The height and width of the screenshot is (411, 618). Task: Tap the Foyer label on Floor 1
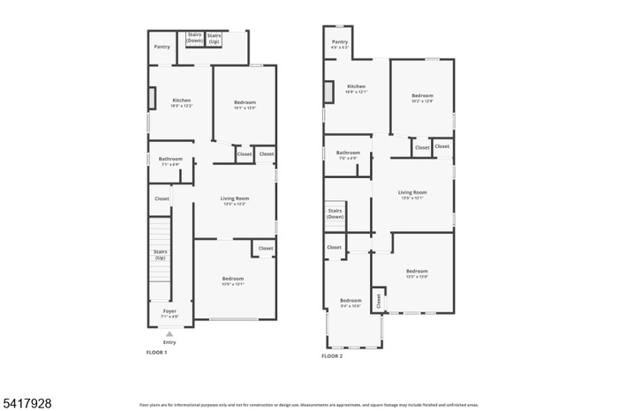[169, 310]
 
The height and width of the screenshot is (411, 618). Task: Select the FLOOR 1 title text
[156, 352]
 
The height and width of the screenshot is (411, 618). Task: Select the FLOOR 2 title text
[332, 355]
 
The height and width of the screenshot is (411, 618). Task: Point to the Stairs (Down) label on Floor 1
[194, 38]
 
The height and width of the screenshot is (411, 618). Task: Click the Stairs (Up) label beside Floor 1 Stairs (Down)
[214, 38]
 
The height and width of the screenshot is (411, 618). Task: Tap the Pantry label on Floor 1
[162, 47]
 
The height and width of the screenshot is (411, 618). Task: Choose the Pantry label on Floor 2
[340, 42]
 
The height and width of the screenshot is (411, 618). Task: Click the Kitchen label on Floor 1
[181, 101]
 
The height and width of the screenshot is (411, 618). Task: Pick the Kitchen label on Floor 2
[356, 86]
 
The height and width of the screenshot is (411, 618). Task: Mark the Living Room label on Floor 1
[234, 199]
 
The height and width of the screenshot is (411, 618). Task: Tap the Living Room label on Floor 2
[411, 192]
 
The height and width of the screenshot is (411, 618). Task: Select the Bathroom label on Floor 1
[170, 160]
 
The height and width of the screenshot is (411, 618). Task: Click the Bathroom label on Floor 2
[348, 153]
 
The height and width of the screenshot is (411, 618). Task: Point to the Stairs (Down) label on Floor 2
[335, 213]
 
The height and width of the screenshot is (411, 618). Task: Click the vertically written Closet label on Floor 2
[379, 300]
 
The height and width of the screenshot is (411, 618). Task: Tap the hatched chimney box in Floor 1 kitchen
[152, 97]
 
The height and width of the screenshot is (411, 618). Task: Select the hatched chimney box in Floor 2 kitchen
[329, 91]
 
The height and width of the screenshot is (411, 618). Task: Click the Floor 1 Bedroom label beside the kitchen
[245, 104]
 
